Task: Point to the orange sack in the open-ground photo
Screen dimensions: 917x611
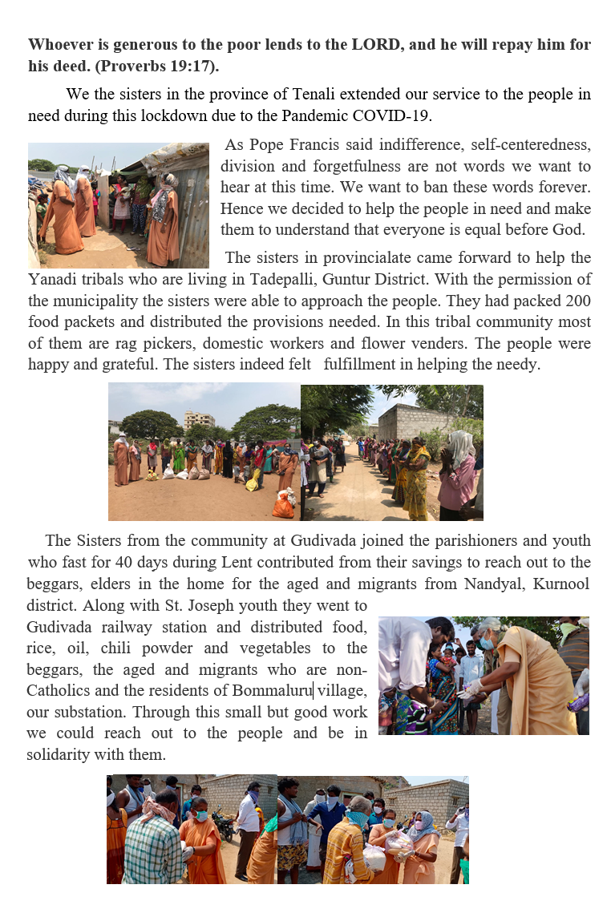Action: (x=283, y=505)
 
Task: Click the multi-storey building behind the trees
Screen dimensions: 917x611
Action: (x=199, y=418)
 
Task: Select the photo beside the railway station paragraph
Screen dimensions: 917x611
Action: (x=484, y=675)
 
